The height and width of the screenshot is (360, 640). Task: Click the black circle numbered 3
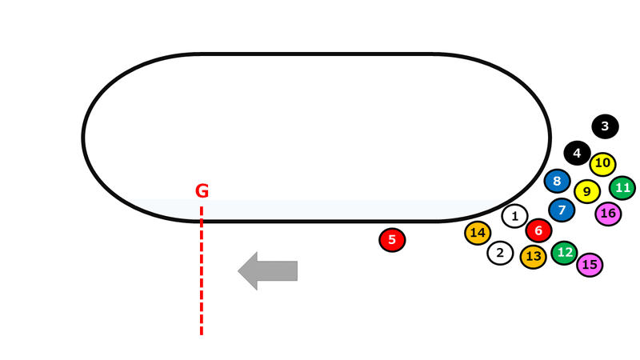tap(605, 126)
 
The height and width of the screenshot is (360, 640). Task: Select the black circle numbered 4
tap(577, 152)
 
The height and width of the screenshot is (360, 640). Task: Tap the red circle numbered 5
tap(392, 239)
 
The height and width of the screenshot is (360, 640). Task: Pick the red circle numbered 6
tap(538, 231)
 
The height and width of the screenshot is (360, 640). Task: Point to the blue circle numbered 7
tap(562, 210)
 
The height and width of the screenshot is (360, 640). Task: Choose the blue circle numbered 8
tap(557, 181)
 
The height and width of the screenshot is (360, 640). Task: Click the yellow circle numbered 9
tap(587, 192)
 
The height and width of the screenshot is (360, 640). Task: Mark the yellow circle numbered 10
tap(602, 164)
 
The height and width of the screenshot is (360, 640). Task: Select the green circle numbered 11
tap(622, 189)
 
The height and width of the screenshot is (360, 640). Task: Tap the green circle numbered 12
tap(564, 253)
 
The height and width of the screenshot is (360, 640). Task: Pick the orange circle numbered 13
tap(534, 257)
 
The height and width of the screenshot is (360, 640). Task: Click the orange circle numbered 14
tap(478, 233)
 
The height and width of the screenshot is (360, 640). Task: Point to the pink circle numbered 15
tap(590, 264)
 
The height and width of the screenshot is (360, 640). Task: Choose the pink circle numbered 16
tap(608, 214)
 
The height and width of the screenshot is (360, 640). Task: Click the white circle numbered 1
tap(514, 215)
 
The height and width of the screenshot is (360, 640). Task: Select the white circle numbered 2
tap(500, 254)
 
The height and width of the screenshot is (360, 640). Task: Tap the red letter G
tap(202, 191)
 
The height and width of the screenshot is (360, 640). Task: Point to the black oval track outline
tap(316, 55)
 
